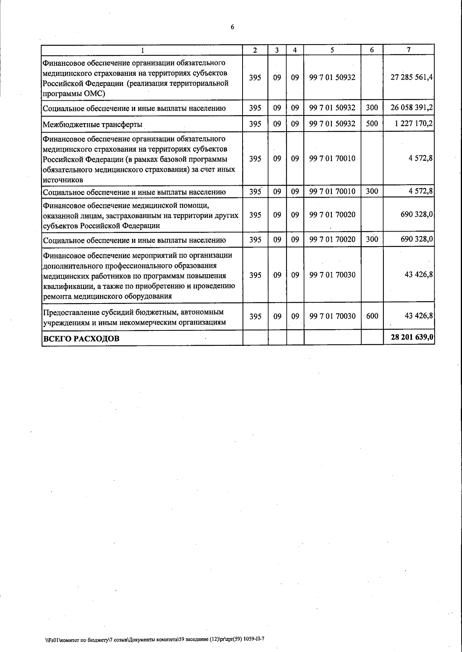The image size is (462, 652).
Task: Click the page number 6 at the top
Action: point(232,27)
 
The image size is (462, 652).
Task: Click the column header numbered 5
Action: point(332,50)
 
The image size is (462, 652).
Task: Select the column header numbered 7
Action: point(408,50)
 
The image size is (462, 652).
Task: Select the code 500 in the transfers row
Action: point(372,123)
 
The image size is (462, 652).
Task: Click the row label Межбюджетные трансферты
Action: point(92,124)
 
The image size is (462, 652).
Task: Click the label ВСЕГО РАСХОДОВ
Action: point(81,339)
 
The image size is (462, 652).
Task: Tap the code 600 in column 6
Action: point(372,316)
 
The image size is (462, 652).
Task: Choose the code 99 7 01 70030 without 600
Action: point(332,275)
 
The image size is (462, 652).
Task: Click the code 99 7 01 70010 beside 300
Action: point(332,191)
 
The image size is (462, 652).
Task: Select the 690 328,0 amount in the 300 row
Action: point(417,239)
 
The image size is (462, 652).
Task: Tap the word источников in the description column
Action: point(62,180)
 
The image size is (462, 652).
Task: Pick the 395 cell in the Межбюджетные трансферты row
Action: point(255,123)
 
